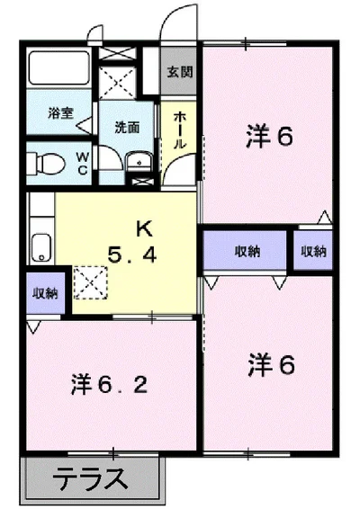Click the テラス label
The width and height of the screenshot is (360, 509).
point(92,479)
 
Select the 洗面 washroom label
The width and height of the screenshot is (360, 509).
point(126,127)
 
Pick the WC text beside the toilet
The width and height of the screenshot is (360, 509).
point(82,162)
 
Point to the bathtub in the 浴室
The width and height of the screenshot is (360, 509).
point(56,70)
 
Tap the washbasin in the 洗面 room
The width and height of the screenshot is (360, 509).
point(137,163)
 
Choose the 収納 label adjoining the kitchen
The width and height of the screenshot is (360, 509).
point(45,294)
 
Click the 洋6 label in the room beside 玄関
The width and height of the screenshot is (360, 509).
point(270,138)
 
